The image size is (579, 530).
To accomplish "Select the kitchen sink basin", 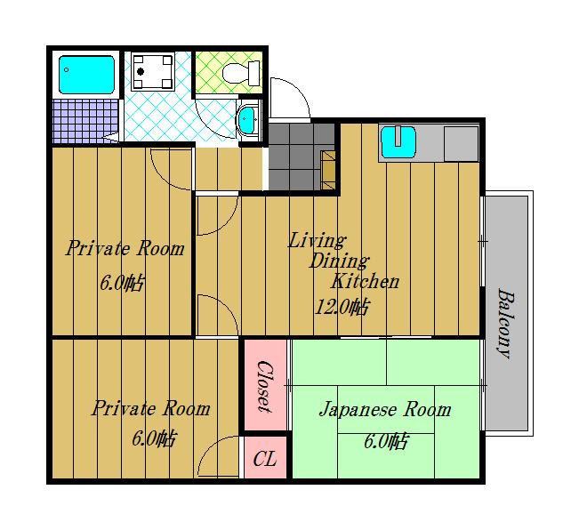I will pyautogui.click(x=398, y=141).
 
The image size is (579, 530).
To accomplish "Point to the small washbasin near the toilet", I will pyautogui.click(x=247, y=119).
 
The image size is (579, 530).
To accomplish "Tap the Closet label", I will pyautogui.click(x=264, y=386).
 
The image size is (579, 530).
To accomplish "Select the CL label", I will pyautogui.click(x=265, y=460).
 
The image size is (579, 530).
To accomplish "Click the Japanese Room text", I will pyautogui.click(x=384, y=410).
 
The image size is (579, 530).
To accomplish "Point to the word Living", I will pyautogui.click(x=317, y=240).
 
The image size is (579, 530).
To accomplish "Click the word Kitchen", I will pyautogui.click(x=365, y=282).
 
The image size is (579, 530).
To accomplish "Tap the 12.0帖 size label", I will pyautogui.click(x=342, y=308).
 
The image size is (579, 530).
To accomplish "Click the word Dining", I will pyautogui.click(x=338, y=261).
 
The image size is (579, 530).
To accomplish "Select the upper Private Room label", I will pyautogui.click(x=125, y=248).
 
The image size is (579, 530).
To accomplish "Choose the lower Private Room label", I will pyautogui.click(x=151, y=409).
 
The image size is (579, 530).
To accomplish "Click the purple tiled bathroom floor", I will pyautogui.click(x=84, y=121).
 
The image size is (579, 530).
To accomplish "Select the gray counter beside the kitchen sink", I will pyautogui.click(x=461, y=142).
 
